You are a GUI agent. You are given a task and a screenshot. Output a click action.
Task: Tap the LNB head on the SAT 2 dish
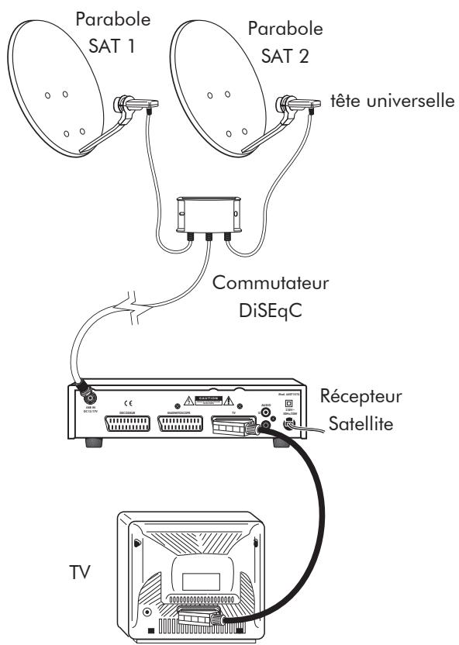point(299,102)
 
